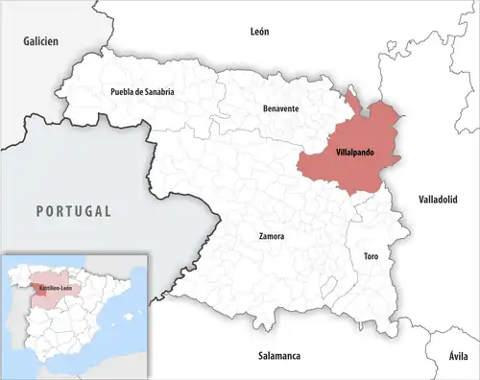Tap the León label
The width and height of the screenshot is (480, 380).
259,31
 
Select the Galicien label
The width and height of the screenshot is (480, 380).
41,41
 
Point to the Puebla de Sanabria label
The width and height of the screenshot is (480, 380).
143,91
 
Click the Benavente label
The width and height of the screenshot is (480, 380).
281,108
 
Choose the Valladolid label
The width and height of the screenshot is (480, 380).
439,199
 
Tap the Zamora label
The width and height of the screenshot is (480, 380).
272,235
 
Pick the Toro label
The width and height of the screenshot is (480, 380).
371,257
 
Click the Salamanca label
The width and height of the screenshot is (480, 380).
279,356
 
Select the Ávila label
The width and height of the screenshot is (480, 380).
459,356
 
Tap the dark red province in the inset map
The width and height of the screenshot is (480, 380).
39,285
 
